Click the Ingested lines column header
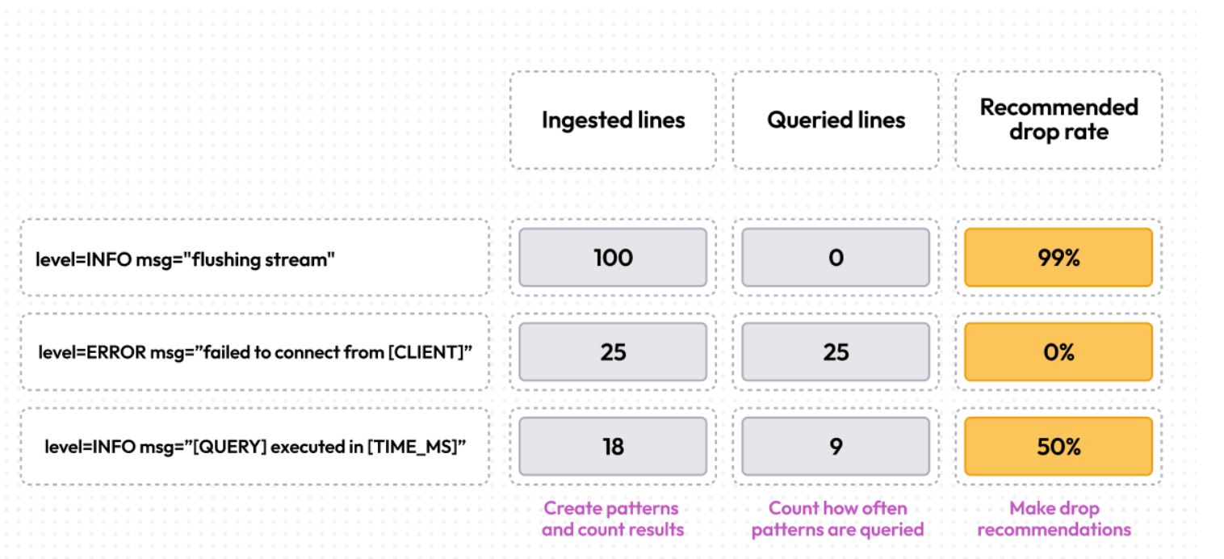pos(613,120)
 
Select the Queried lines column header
pos(836,120)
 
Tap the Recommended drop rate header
pos(1058,120)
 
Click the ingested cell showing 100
pos(613,258)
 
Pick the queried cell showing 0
pos(836,258)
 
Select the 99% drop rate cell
pos(1058,258)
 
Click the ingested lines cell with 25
pos(613,352)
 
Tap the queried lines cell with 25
pos(836,352)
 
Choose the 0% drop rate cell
pos(1058,352)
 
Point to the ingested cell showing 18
pos(613,447)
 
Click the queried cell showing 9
pos(836,447)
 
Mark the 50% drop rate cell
pos(1058,447)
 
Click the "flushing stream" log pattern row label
pos(185,259)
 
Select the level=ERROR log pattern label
pos(254,353)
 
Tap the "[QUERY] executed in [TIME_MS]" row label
pos(254,448)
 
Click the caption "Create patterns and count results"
pos(612,519)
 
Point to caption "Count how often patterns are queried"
pos(837,519)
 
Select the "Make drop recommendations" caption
pos(1054,519)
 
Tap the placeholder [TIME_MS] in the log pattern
pos(411,448)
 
